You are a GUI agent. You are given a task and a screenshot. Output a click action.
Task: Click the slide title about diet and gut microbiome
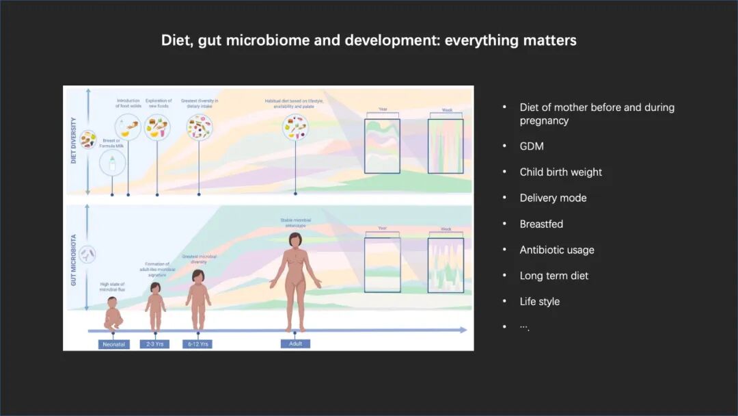coord(368,40)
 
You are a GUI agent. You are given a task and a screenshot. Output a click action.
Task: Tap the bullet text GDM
coord(532,146)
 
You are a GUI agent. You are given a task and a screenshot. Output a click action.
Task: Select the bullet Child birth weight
coord(560,172)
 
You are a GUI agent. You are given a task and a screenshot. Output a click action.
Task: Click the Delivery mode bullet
coord(553,198)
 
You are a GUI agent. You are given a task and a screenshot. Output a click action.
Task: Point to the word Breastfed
coord(541,224)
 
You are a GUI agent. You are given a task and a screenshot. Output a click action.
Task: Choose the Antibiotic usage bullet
coord(557,250)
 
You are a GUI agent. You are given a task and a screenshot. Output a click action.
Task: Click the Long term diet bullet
coord(553,276)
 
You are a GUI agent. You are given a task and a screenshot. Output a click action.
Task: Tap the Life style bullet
coord(539,302)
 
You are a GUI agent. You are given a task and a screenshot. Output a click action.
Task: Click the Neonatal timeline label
coord(113,343)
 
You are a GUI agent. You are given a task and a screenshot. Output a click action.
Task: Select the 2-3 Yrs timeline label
coord(154,343)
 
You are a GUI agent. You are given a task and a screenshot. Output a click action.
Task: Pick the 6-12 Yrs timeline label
coord(197,343)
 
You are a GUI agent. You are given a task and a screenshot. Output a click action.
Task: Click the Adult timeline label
coord(295,343)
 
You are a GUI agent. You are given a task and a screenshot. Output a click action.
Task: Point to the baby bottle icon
coord(108,163)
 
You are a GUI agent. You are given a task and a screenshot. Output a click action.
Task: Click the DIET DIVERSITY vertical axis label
coord(74,142)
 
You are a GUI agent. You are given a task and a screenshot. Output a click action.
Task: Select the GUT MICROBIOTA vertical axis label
coord(74,259)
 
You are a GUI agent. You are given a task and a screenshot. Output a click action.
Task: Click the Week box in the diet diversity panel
coord(446,146)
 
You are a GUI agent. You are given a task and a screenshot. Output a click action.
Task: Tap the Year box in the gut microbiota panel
coord(382,264)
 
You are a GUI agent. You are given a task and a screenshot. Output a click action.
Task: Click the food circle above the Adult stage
coord(295,127)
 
